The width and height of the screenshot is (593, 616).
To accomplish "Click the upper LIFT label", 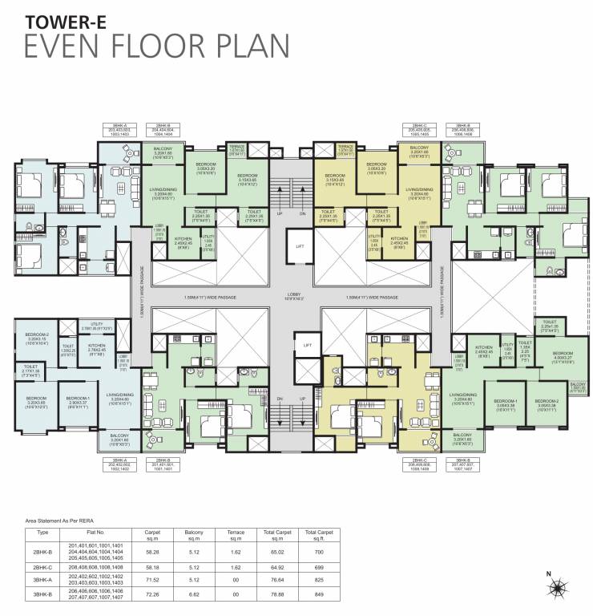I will (x=299, y=247).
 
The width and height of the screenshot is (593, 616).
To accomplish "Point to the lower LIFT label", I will (x=305, y=345).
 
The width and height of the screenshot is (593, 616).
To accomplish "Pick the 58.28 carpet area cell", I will (x=151, y=552).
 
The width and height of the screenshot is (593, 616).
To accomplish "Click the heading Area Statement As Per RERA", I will (x=66, y=520).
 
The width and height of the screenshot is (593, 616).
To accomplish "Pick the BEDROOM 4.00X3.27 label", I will (x=563, y=357).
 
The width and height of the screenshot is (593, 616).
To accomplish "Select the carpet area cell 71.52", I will (x=151, y=581).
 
